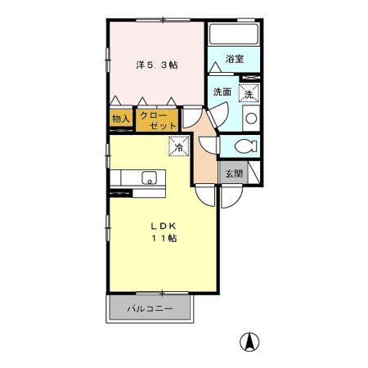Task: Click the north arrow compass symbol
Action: coord(249,342)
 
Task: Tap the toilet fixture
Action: coord(245,146)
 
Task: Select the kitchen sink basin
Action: coord(149,178)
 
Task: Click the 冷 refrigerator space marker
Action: coord(179,146)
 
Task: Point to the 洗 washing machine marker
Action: coord(249,92)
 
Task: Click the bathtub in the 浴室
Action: coord(234,34)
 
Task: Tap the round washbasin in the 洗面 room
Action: coord(251,119)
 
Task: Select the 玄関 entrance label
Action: coord(234,173)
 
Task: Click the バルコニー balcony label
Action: coord(150,309)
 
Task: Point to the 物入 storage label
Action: coord(121,119)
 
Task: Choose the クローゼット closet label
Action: coord(158,120)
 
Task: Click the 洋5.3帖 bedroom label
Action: coord(157,65)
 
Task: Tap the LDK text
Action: coord(164,226)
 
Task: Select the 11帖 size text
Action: coord(164,238)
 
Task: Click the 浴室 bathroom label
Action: coord(235,59)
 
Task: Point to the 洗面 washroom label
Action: coord(222,92)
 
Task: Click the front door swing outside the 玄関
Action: coord(231,196)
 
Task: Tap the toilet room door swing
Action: coord(209,145)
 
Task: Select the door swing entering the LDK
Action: coord(205,195)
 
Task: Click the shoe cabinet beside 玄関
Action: coord(254,173)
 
